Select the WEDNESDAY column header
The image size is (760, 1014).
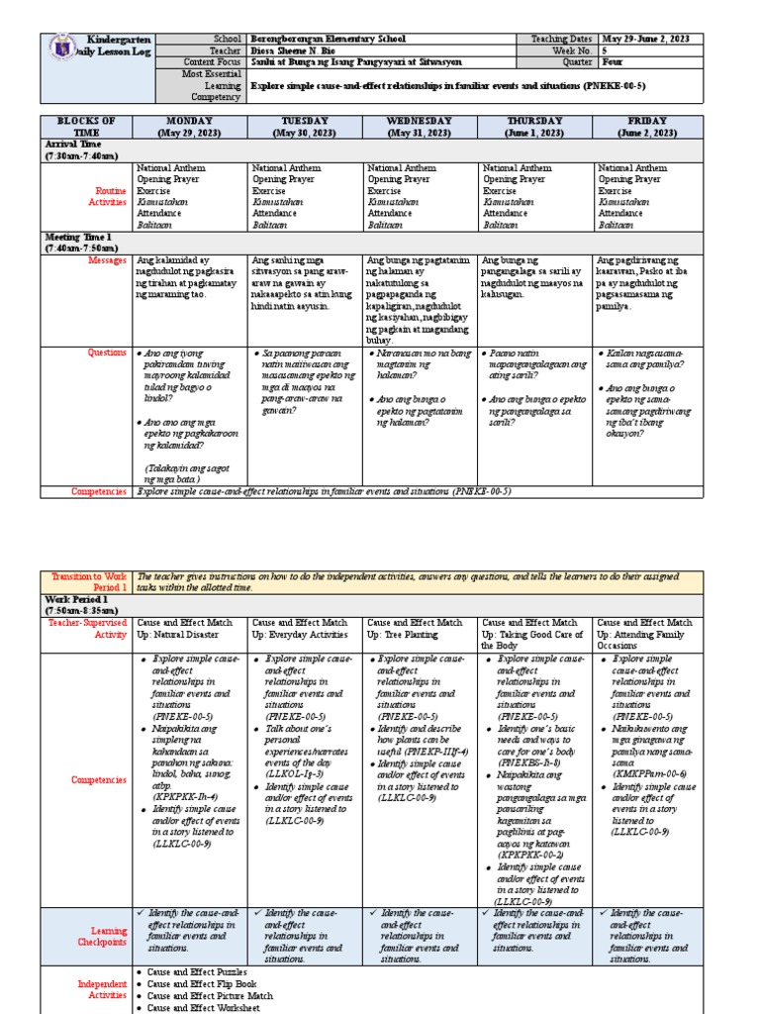(x=420, y=127)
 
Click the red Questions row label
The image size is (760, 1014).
(x=107, y=352)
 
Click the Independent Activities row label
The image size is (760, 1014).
(x=103, y=989)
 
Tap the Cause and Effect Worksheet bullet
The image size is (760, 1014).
(x=204, y=1008)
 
